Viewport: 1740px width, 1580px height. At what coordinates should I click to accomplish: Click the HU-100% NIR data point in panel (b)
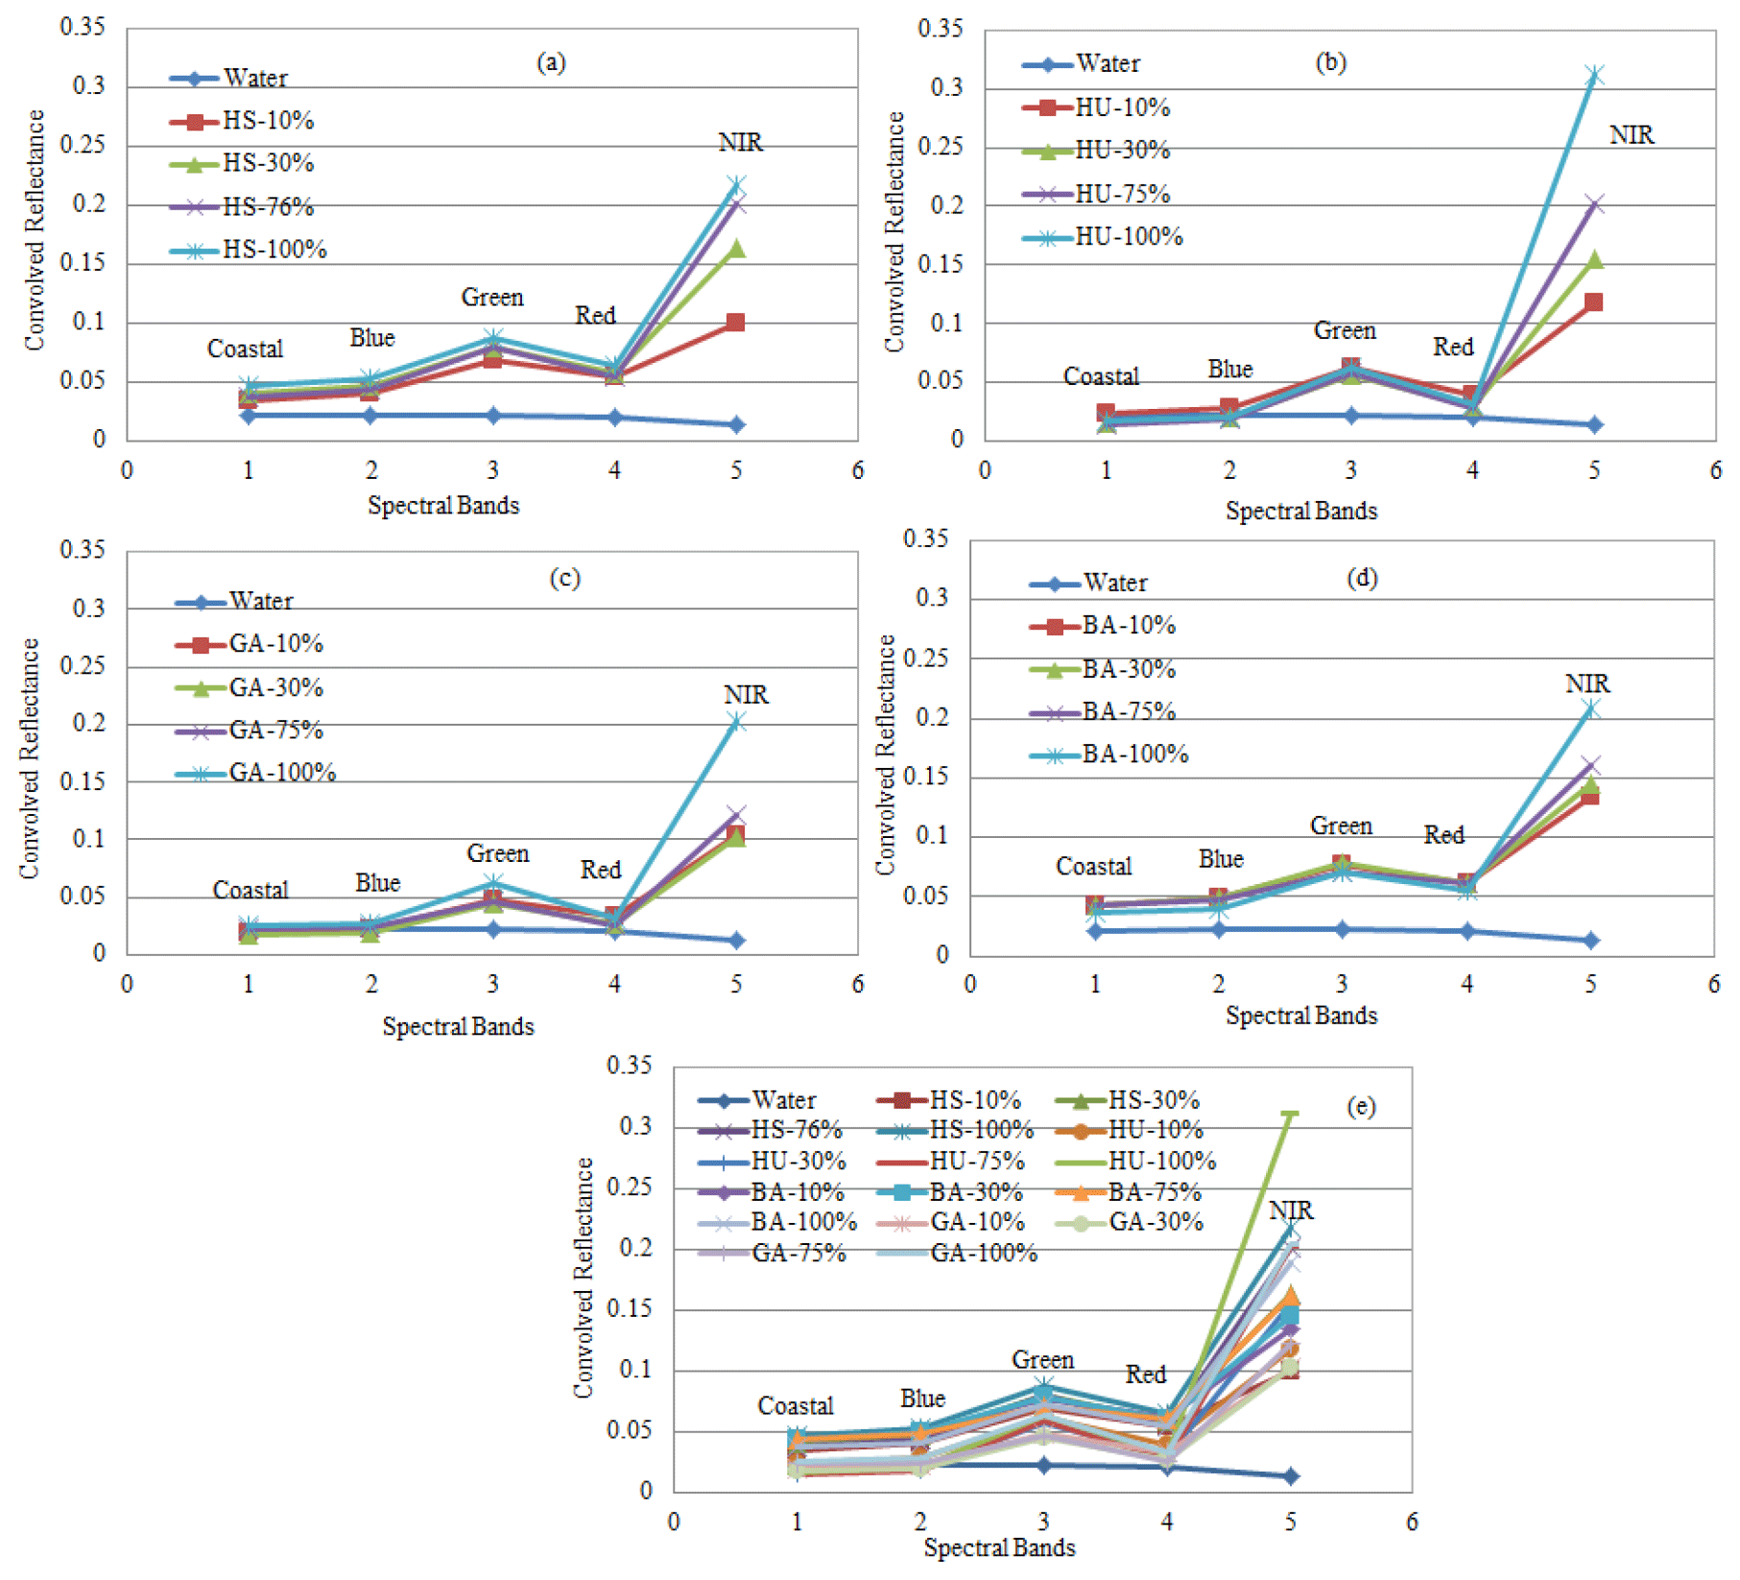pos(1593,75)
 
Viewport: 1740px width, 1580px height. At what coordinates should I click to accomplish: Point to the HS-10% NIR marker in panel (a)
pos(735,323)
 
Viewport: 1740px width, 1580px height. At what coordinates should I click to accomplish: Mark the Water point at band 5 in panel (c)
pos(736,940)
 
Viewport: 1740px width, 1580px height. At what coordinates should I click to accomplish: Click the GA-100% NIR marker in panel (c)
pos(736,723)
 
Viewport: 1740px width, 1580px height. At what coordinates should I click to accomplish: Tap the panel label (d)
pos(1362,578)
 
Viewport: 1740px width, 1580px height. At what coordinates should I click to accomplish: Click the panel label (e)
pos(1360,1107)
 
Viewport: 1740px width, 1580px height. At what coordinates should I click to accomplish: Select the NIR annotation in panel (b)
pos(1631,135)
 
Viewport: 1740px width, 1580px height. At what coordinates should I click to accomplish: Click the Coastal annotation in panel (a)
pos(245,348)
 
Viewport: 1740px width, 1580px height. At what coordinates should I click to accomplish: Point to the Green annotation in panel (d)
pos(1341,826)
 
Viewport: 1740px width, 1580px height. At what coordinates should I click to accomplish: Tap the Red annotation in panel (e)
pos(1145,1375)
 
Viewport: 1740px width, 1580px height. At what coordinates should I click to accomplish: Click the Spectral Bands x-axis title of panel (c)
pos(458,1027)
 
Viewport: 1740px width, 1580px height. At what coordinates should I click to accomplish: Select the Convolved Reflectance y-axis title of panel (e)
pos(584,1277)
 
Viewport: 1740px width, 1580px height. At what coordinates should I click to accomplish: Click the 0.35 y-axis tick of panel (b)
pos(940,29)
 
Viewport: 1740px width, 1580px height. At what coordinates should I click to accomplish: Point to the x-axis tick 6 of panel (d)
pos(1714,984)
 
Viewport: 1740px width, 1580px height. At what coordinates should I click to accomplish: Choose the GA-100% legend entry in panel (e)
pos(984,1254)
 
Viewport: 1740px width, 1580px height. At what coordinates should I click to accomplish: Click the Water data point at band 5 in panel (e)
pos(1291,1475)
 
